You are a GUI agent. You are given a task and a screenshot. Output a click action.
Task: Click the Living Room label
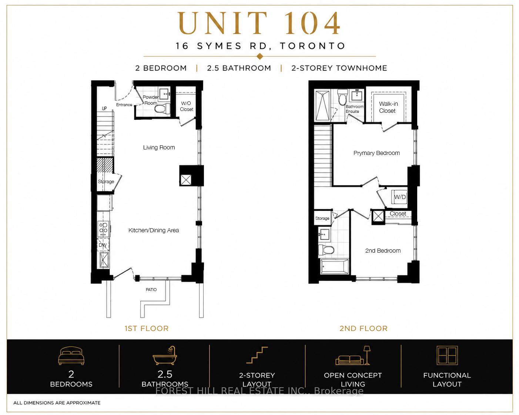159,148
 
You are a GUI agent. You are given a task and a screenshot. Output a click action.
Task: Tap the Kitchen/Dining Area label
154,230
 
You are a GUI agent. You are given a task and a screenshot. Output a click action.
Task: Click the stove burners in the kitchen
103,228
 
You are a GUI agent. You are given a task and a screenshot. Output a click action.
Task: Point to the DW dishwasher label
103,245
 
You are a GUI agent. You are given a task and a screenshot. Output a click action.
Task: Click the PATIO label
151,290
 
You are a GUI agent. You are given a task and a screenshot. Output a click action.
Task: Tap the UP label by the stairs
104,108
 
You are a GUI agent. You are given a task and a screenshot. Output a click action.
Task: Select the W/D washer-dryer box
400,197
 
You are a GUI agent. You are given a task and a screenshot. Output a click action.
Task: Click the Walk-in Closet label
387,107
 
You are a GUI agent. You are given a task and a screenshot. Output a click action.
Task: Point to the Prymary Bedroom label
376,153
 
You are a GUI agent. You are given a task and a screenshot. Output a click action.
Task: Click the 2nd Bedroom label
383,251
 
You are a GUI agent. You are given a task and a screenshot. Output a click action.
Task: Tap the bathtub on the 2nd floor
335,266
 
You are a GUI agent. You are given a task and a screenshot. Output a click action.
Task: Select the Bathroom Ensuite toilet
342,98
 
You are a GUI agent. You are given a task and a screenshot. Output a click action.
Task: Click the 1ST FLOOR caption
147,328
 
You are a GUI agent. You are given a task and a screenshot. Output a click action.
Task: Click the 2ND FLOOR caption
364,328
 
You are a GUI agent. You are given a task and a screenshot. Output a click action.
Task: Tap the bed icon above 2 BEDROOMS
71,356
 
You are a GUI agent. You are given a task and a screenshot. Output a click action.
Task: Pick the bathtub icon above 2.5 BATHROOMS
165,356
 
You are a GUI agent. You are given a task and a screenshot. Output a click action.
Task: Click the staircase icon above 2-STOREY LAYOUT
257,355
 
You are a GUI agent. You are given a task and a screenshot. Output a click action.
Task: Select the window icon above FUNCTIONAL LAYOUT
447,355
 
